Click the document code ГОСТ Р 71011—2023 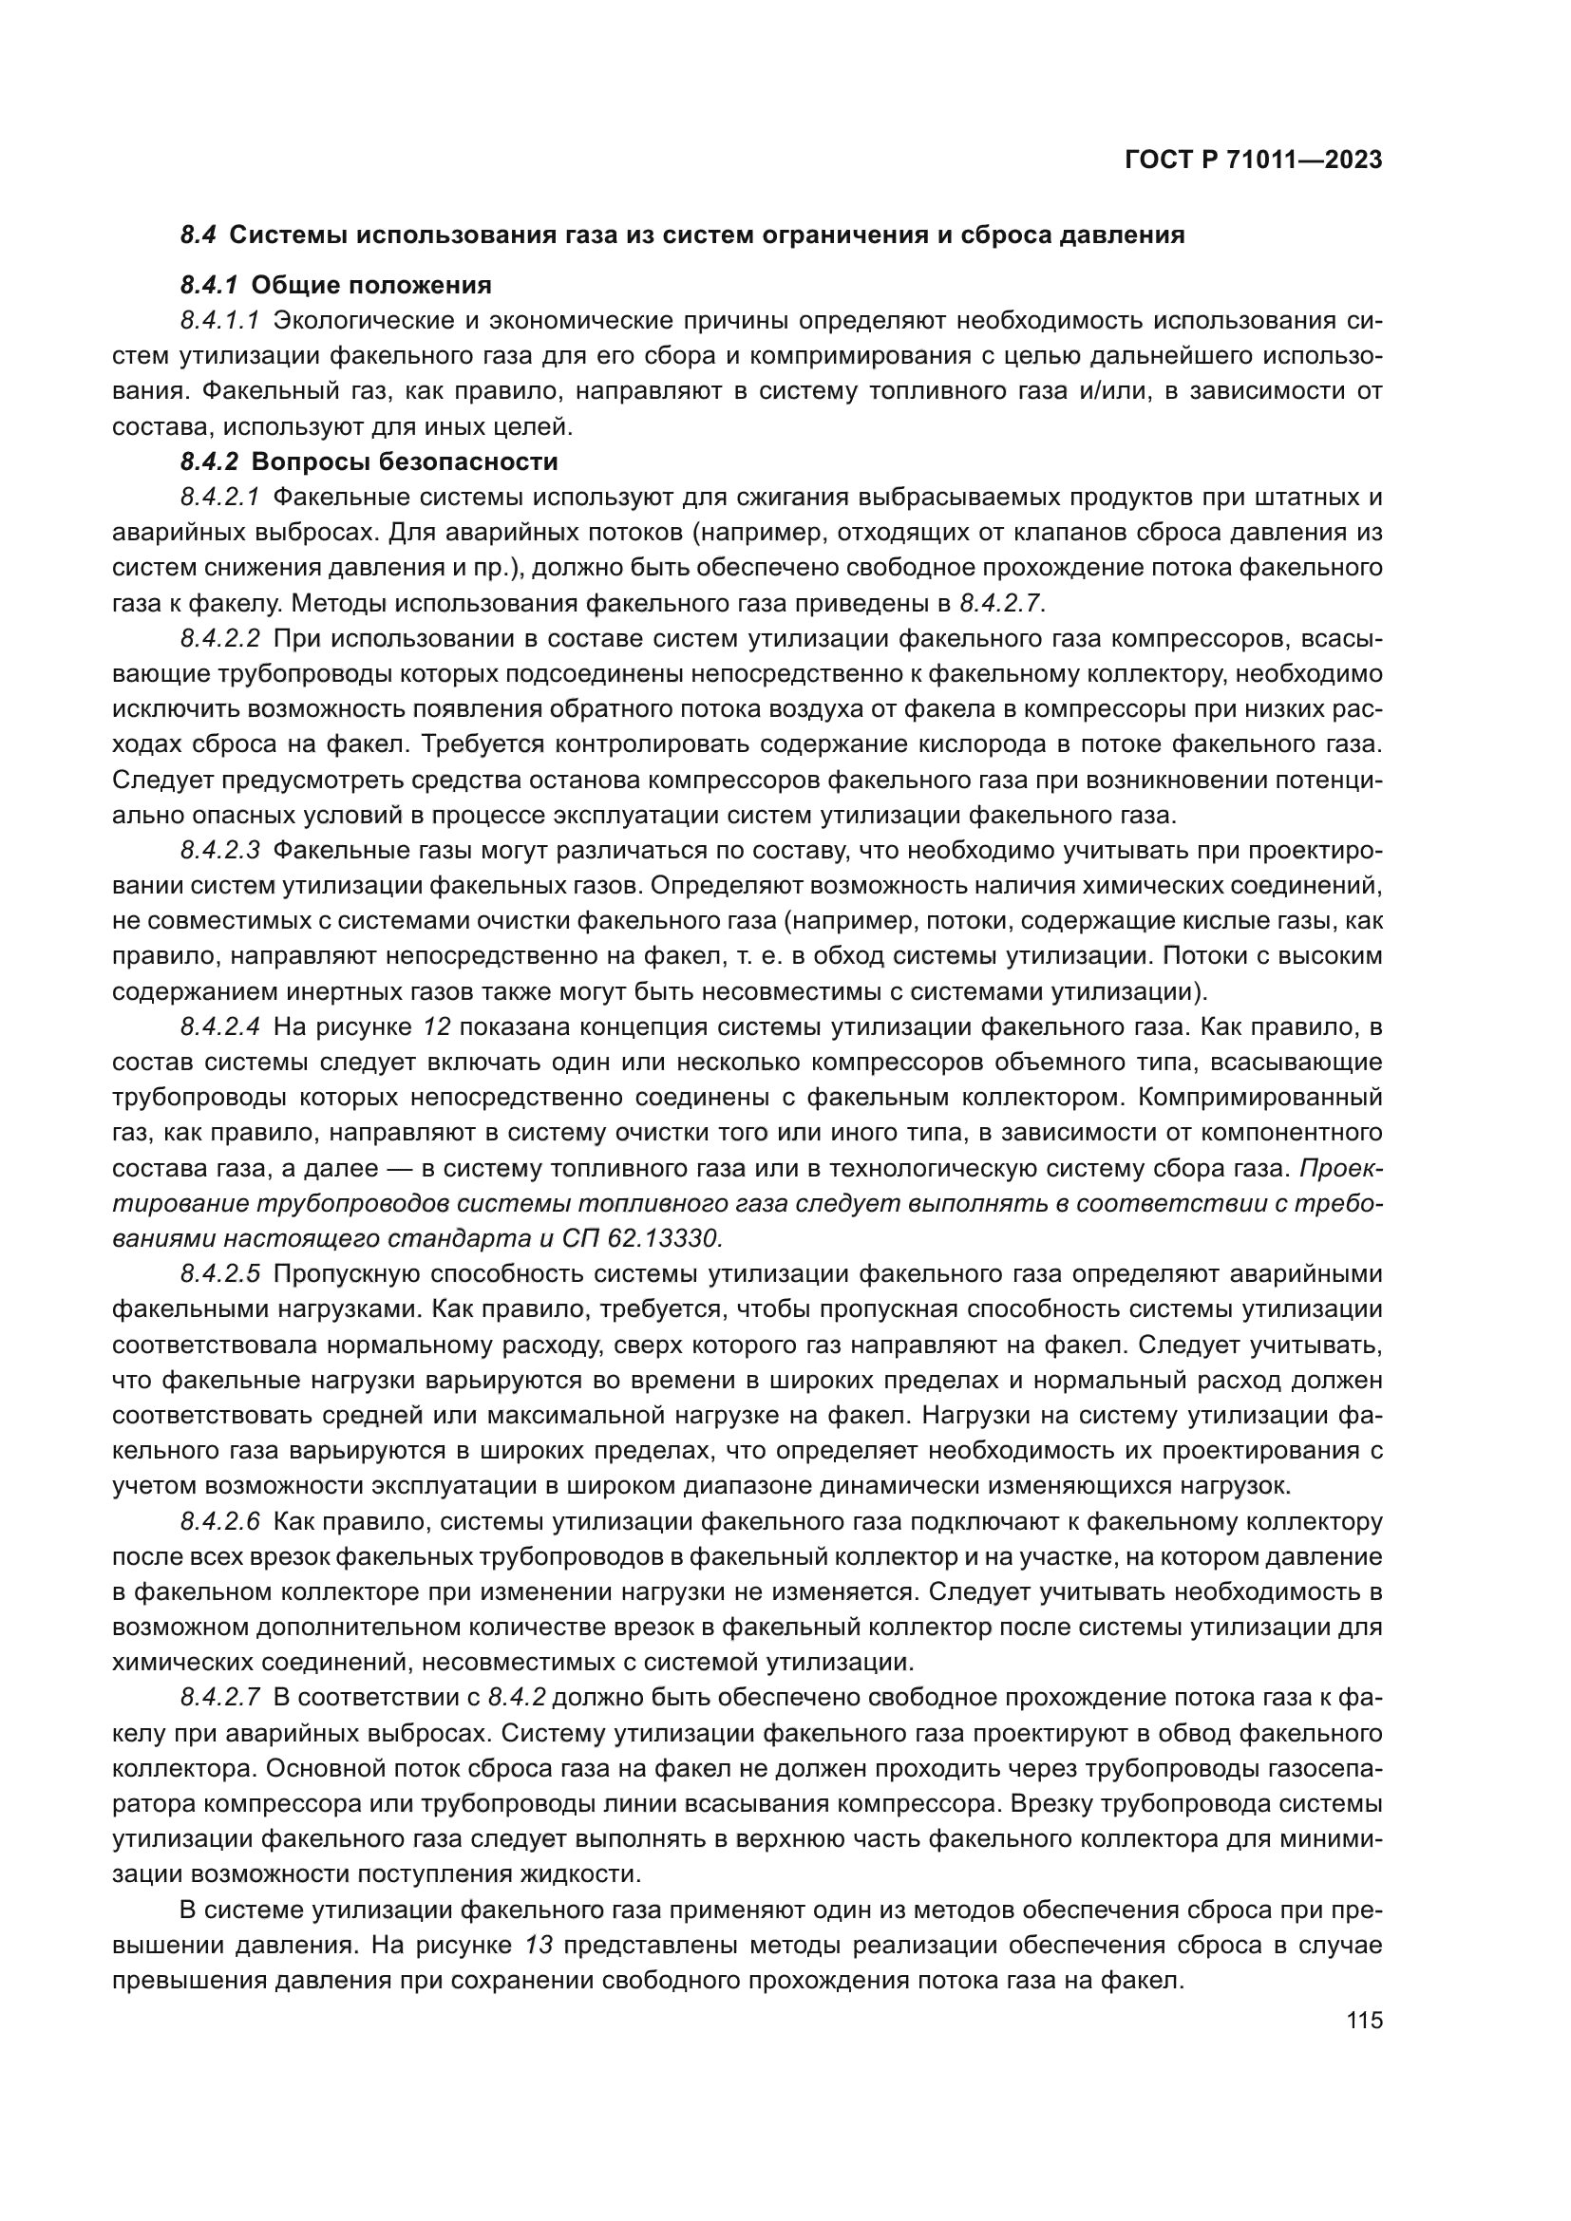coord(1254,160)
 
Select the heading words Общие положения coord(371,286)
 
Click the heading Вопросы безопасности coord(405,461)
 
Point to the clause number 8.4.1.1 coord(220,320)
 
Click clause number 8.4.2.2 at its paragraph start coord(220,638)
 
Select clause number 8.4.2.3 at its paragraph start coord(220,850)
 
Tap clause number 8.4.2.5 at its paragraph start coord(220,1274)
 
